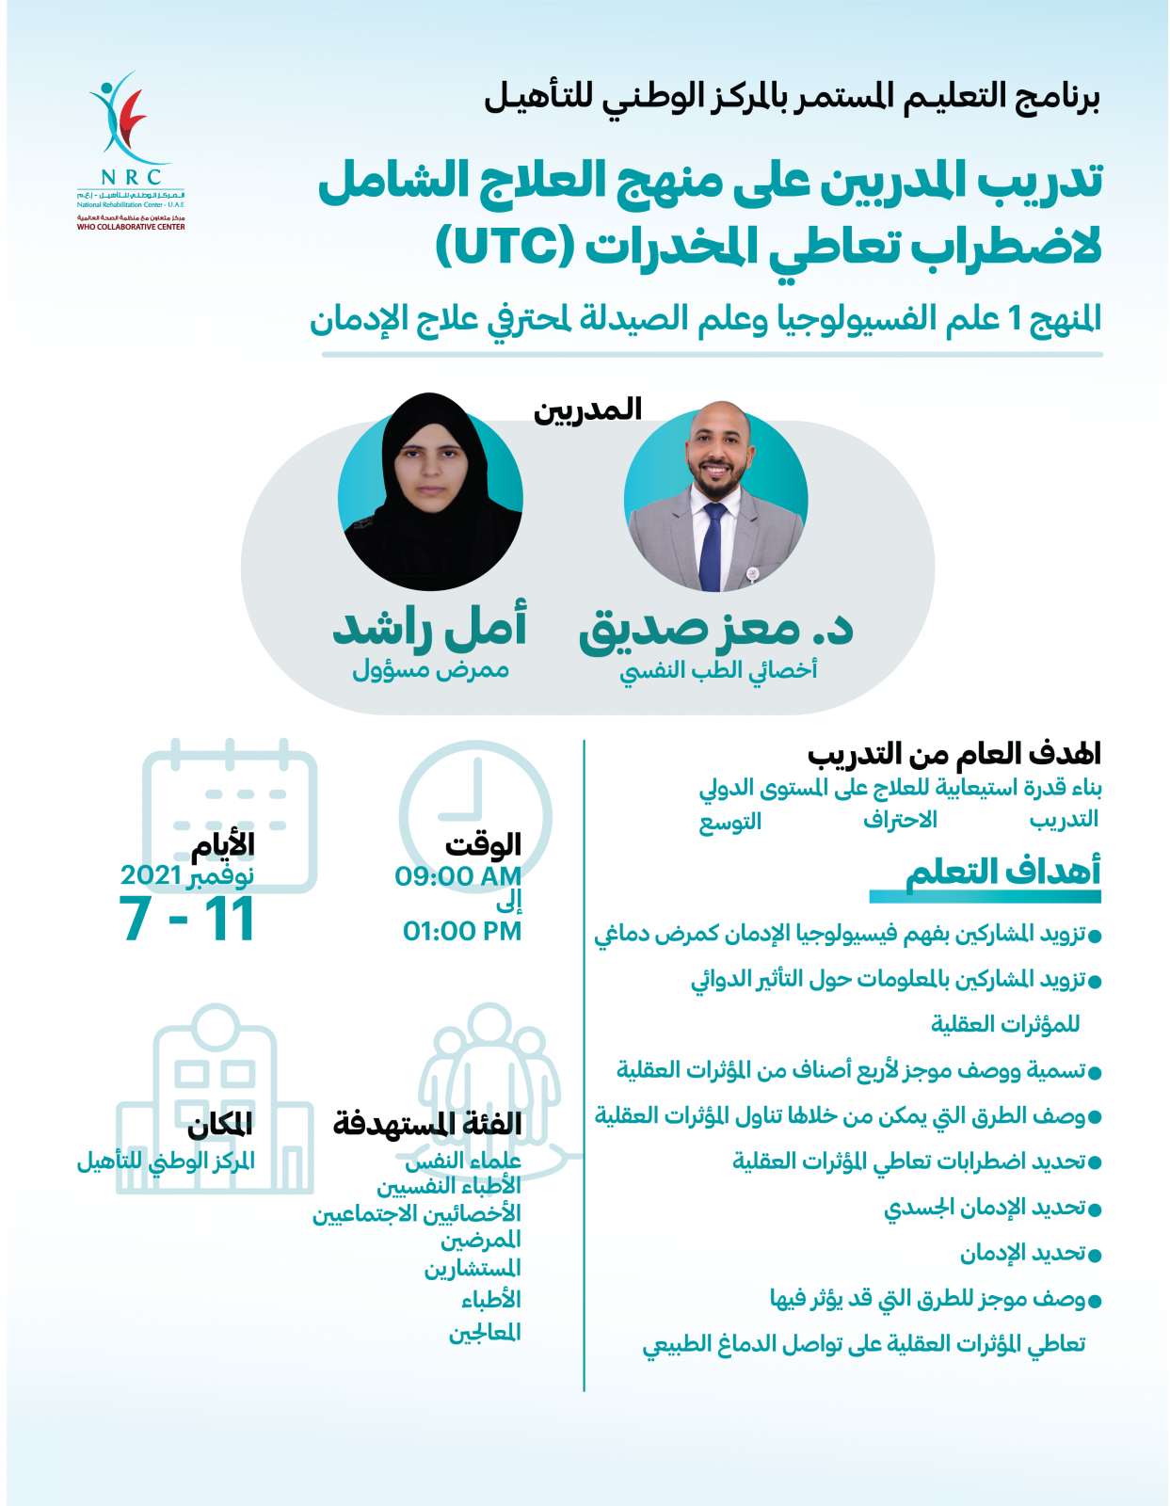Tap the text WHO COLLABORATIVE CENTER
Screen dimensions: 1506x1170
(x=131, y=227)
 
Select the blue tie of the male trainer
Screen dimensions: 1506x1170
(x=713, y=546)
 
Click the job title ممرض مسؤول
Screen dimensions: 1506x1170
(x=430, y=670)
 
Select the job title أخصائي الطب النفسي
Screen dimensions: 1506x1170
(x=718, y=670)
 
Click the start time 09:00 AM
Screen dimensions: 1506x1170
(x=457, y=876)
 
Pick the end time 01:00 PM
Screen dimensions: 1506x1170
(x=461, y=931)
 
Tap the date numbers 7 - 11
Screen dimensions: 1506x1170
(x=187, y=920)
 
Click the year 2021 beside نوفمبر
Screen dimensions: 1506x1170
(x=151, y=875)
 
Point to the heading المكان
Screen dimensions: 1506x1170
(x=220, y=1124)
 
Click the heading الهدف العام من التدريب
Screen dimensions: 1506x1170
(x=954, y=754)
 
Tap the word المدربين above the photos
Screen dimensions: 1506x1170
(x=587, y=409)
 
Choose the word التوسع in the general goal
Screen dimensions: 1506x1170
(x=729, y=822)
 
